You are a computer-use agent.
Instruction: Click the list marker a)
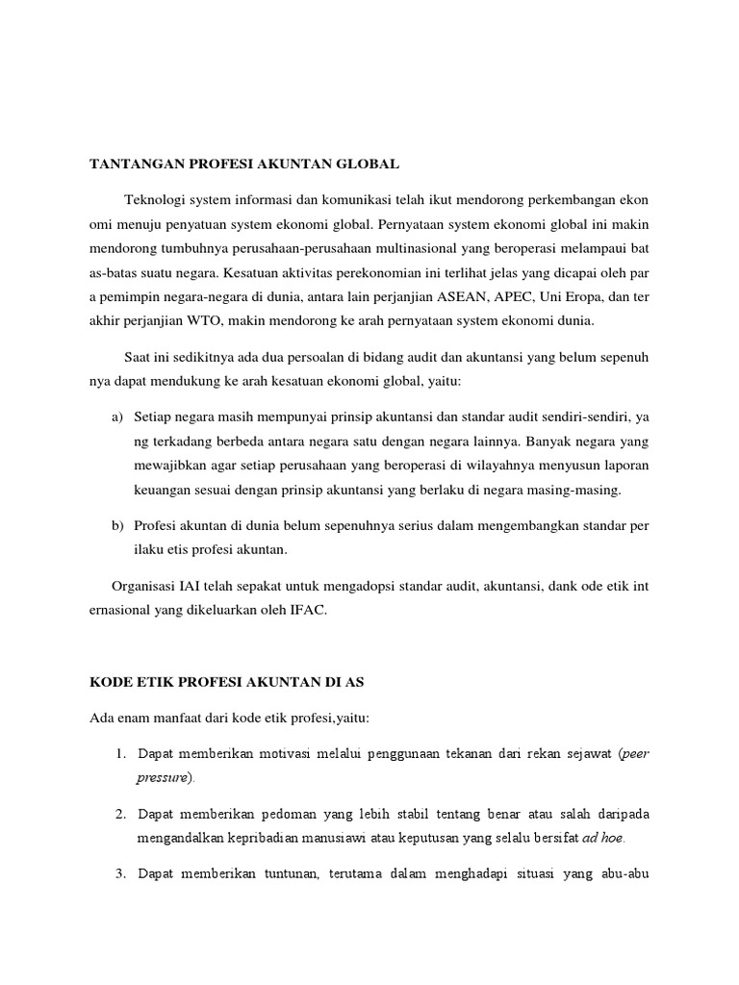(x=117, y=417)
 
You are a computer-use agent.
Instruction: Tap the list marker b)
(x=117, y=525)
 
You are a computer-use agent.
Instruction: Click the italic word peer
(x=637, y=752)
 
